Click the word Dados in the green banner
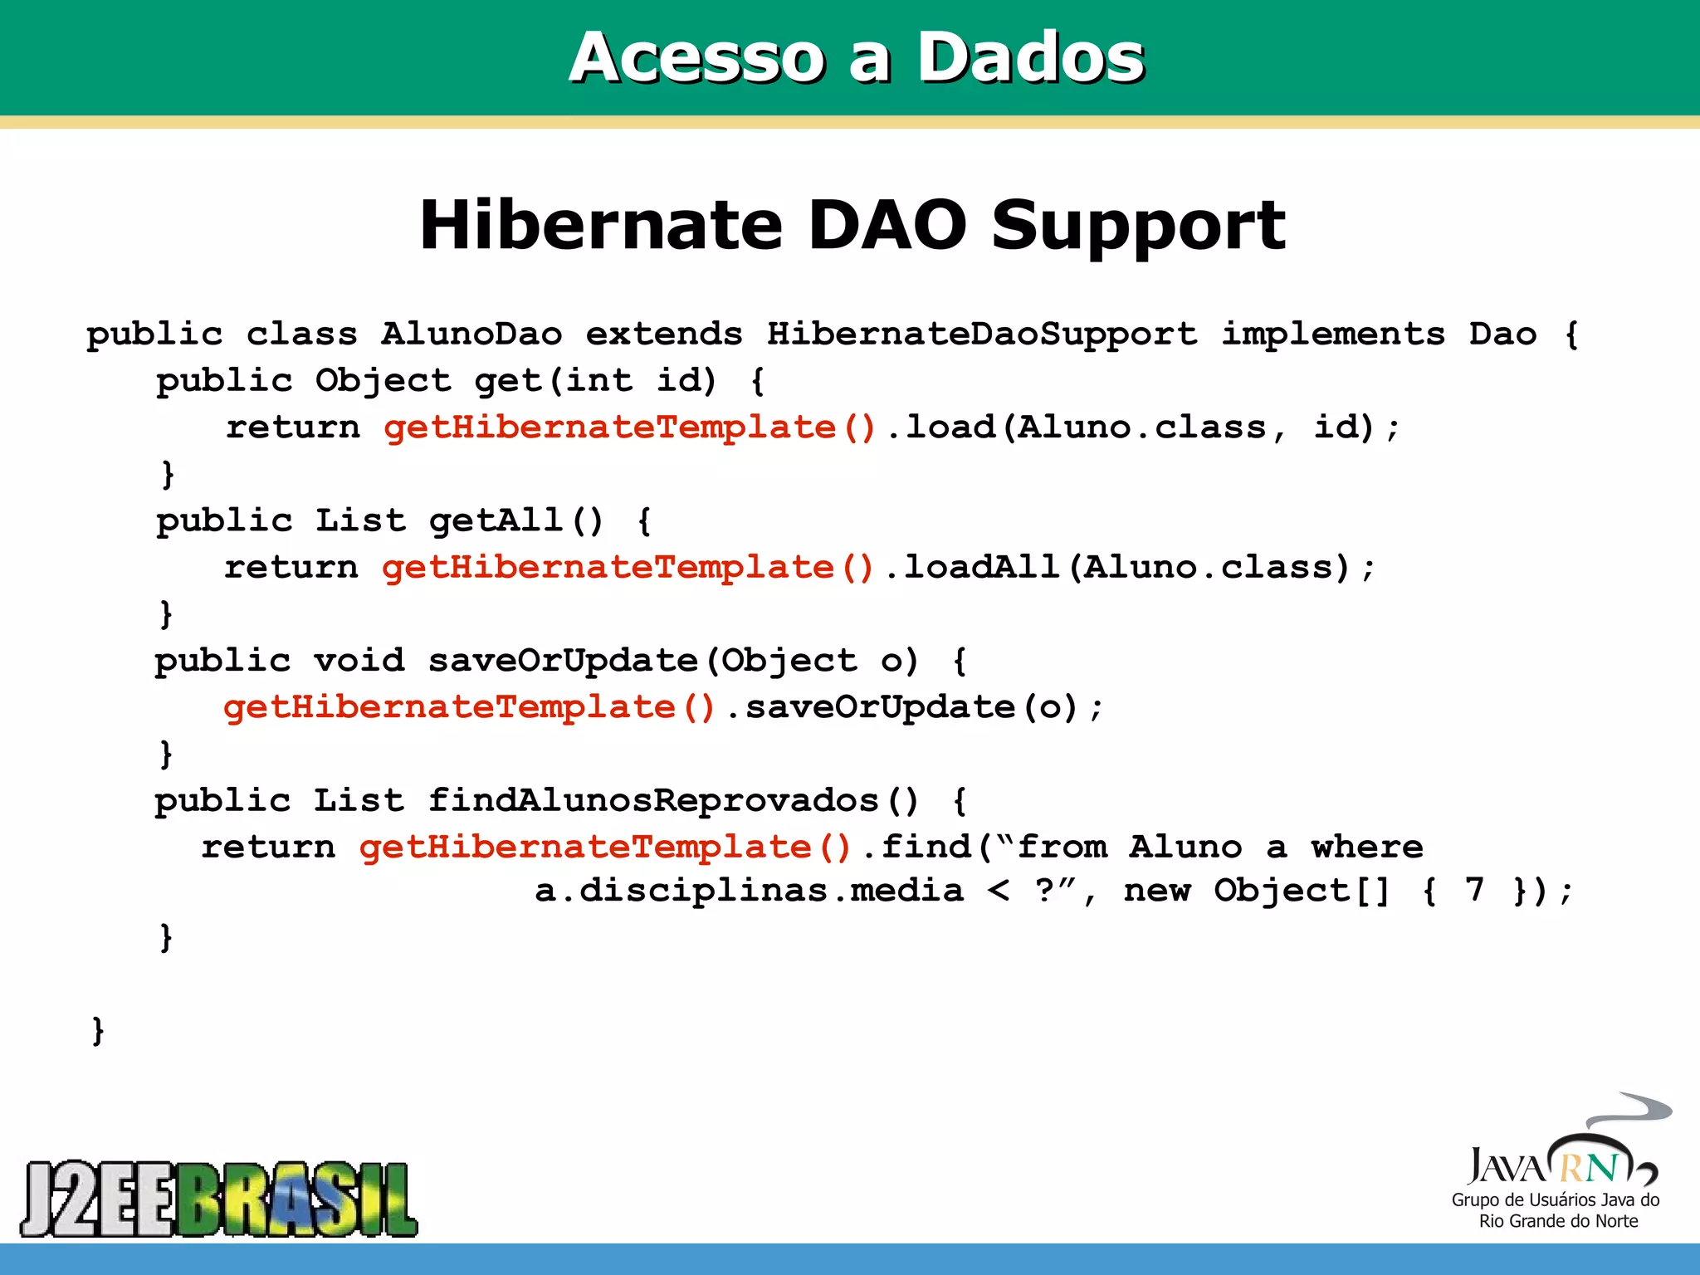click(x=1030, y=58)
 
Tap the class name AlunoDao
click(x=471, y=335)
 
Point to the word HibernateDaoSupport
click(x=982, y=335)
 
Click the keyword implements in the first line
click(x=1333, y=335)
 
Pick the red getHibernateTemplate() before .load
click(x=630, y=427)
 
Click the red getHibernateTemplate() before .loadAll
click(x=628, y=568)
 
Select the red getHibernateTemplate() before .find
click(x=606, y=848)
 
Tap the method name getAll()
click(x=515, y=521)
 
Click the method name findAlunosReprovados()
click(x=673, y=801)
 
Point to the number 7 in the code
click(x=1474, y=891)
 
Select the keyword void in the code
click(x=359, y=662)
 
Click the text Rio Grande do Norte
click(x=1558, y=1221)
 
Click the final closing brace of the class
click(x=98, y=1030)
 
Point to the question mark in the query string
click(x=1044, y=890)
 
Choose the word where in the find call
click(x=1366, y=848)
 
